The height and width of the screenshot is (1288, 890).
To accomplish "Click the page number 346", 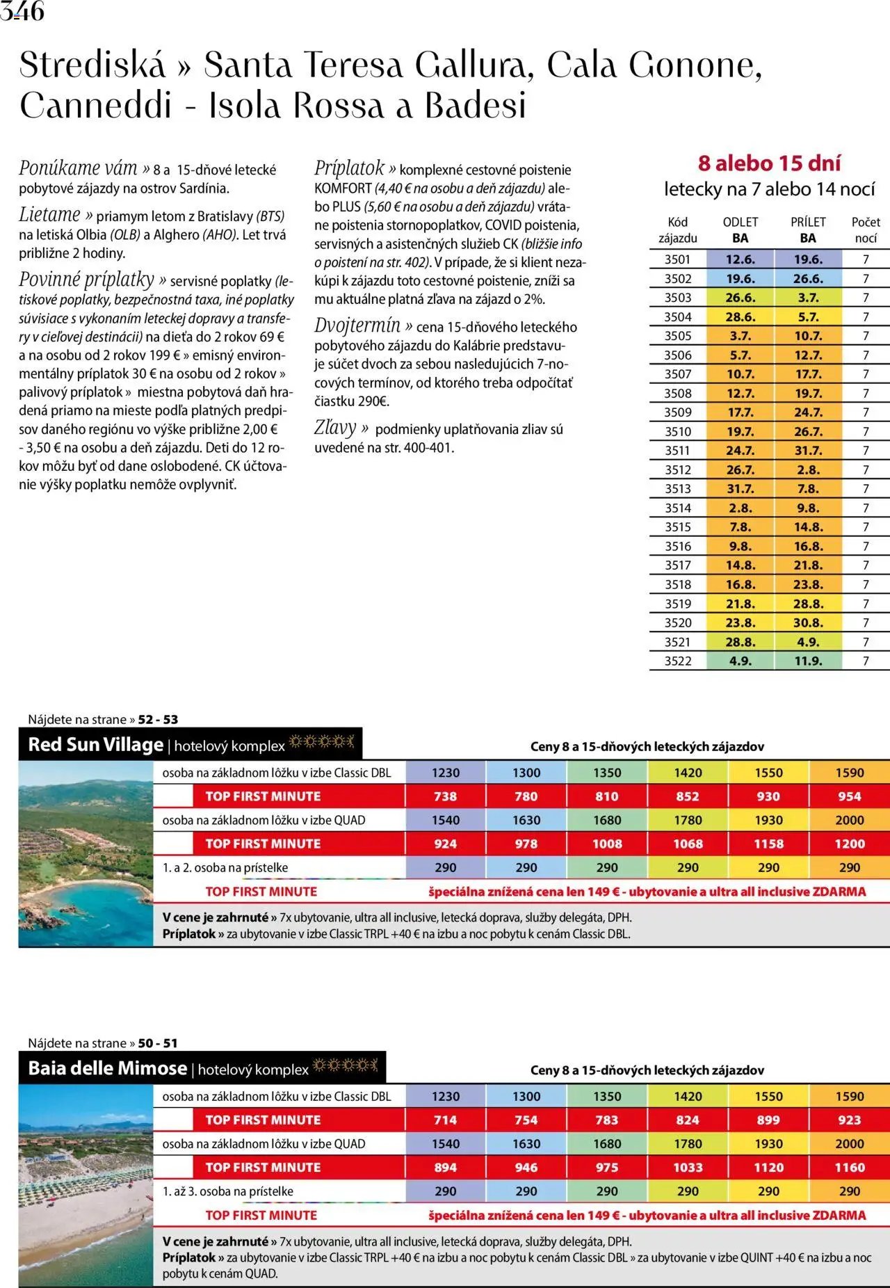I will tap(22, 11).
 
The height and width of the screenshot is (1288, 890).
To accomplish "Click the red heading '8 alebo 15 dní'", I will tap(769, 163).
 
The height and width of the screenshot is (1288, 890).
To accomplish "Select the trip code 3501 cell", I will tap(677, 259).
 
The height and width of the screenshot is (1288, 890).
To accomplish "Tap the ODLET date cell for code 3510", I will tap(740, 432).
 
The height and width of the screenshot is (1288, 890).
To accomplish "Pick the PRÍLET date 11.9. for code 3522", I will tap(808, 661).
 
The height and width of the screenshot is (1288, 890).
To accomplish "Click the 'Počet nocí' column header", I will tap(866, 230).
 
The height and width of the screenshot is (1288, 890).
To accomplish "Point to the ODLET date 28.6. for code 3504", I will tap(740, 317).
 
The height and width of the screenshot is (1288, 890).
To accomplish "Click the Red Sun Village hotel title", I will tap(95, 745).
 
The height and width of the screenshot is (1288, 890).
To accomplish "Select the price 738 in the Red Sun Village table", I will tap(445, 797).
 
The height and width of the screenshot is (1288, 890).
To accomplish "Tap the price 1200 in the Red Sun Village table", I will tap(849, 844).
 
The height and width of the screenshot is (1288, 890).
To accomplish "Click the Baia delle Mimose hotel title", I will tap(108, 1068).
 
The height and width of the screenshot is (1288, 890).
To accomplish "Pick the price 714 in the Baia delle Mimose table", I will tap(445, 1120).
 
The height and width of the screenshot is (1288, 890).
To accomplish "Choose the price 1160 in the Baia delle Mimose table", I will tap(849, 1168).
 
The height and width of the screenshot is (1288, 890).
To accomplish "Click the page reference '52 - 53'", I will tap(158, 720).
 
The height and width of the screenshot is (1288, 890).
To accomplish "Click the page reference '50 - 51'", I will tap(158, 1043).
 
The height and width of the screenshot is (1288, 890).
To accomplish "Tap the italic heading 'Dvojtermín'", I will tap(357, 326).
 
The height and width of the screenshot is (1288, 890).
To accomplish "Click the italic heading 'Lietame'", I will tap(49, 215).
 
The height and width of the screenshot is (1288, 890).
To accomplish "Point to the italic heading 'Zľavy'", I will tap(335, 428).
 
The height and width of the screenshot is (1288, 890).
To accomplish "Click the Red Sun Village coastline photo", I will tap(86, 853).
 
